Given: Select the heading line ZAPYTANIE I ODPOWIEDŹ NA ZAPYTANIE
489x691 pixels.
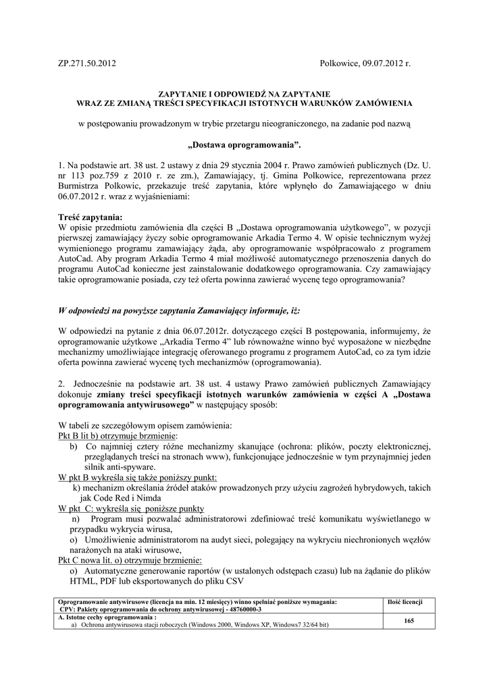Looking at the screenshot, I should (x=244, y=94).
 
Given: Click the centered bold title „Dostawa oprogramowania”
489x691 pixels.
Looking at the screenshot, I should (x=244, y=144).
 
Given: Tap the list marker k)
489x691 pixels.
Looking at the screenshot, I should (x=76, y=487).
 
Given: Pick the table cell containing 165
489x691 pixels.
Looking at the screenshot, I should (x=408, y=620).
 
